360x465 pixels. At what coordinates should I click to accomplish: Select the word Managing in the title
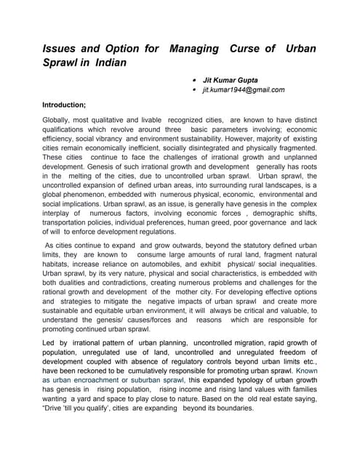[x=194, y=49]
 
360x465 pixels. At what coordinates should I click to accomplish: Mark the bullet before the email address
[x=191, y=89]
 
